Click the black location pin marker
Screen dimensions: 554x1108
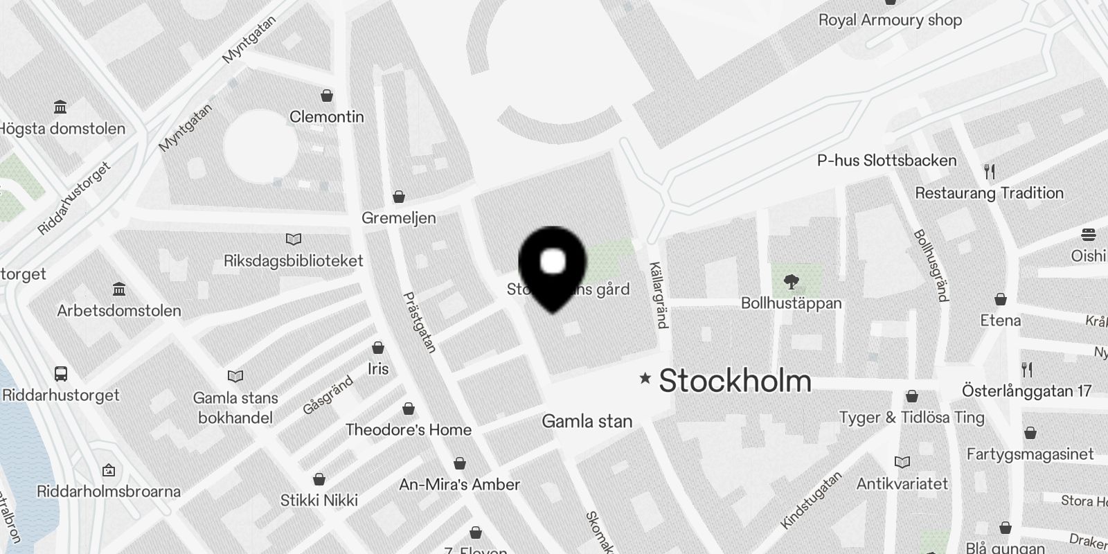(x=552, y=267)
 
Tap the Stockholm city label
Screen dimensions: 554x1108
(x=735, y=381)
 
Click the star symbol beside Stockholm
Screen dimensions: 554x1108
(x=645, y=378)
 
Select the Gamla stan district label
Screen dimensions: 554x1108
(x=587, y=421)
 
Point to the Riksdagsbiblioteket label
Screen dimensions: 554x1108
(x=293, y=261)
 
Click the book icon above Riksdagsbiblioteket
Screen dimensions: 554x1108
(x=294, y=240)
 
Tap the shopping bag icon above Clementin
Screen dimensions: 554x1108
(x=327, y=96)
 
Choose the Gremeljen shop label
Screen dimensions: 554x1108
(x=399, y=218)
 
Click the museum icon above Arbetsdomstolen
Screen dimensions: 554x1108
(x=119, y=289)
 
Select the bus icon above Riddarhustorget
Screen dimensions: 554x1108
(x=61, y=374)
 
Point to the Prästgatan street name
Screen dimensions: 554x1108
(x=420, y=323)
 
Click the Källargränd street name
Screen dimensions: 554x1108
(x=659, y=295)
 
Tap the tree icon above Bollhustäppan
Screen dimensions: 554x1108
(x=792, y=282)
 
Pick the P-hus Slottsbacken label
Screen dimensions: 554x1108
(x=886, y=161)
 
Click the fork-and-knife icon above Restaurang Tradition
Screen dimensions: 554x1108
(x=990, y=172)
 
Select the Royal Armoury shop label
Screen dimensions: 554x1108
(x=890, y=20)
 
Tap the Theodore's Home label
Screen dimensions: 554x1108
(x=409, y=430)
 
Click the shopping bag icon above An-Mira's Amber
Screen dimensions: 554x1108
(x=460, y=463)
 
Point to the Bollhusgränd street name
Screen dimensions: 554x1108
(x=931, y=266)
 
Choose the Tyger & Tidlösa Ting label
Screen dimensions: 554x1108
(x=911, y=418)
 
